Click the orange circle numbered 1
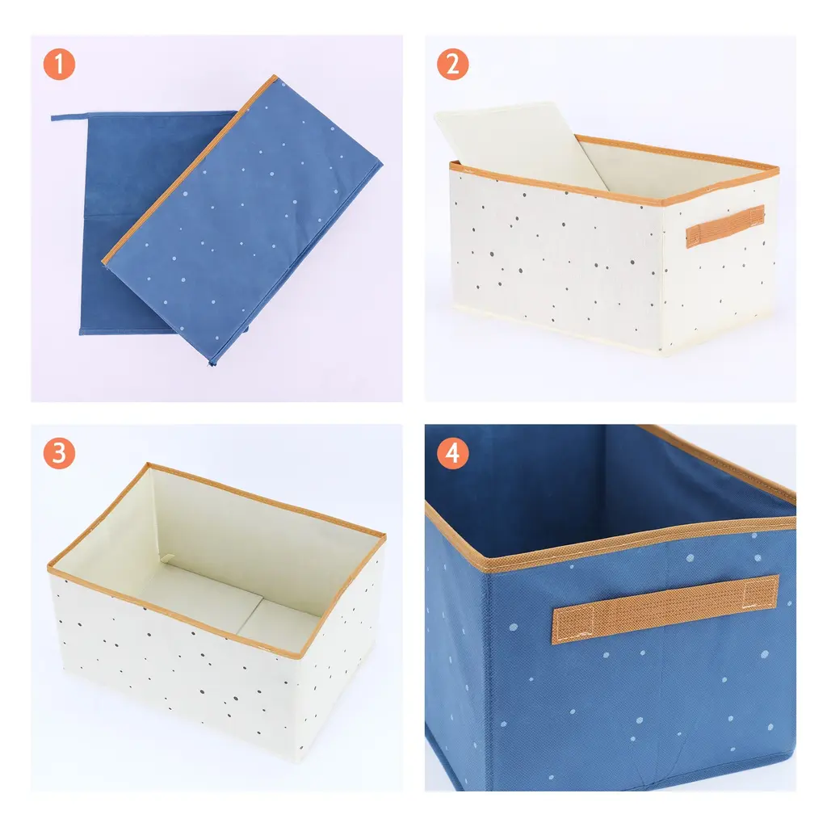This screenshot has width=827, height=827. (59, 65)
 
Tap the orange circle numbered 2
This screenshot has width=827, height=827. (452, 65)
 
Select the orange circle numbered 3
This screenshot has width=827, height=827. (59, 453)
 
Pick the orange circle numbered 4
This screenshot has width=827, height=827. (452, 453)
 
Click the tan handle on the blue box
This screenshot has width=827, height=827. (665, 609)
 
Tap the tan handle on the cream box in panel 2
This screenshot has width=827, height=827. (725, 226)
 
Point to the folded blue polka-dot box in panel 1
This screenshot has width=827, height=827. (242, 220)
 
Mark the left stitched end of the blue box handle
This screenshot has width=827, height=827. (573, 626)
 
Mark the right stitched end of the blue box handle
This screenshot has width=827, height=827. (761, 592)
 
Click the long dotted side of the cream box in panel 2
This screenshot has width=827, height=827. (554, 258)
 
